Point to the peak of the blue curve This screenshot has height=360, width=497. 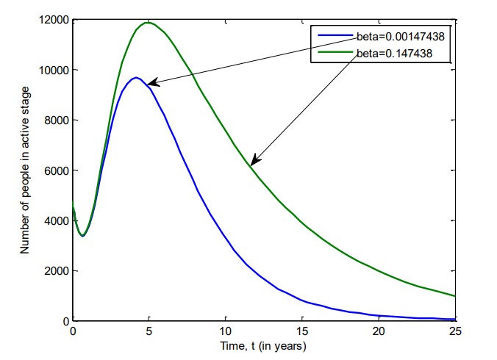coord(136,77)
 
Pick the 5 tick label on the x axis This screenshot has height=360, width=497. coord(149,331)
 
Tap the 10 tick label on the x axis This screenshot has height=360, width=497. coord(226,331)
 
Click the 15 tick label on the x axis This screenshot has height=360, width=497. coord(302,331)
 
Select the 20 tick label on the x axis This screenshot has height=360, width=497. coord(379,331)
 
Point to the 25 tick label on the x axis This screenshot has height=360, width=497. coord(455,331)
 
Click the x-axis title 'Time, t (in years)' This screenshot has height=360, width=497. coord(264,345)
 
